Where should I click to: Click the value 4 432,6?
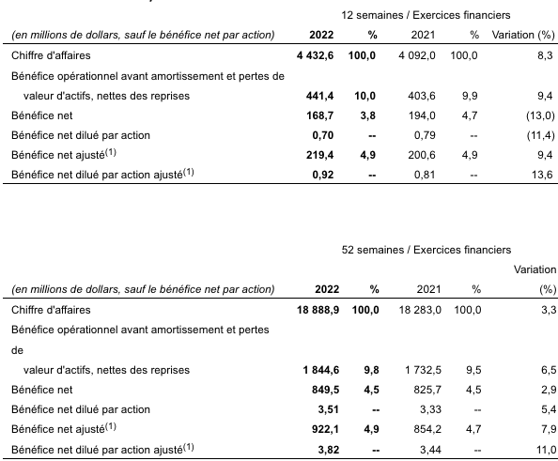(x=315, y=55)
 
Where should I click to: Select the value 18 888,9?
(x=318, y=310)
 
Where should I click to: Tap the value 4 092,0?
(x=417, y=55)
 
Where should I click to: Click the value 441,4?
(x=319, y=96)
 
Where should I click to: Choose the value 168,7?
(x=320, y=115)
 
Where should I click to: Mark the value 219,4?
(x=319, y=155)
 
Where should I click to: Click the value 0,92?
(x=323, y=175)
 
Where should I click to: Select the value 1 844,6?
(x=321, y=370)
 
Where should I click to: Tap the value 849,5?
(x=325, y=390)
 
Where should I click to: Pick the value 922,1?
(x=325, y=429)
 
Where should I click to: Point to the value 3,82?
(x=329, y=450)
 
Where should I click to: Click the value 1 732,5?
(x=423, y=370)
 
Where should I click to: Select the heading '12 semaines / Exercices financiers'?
(x=426, y=15)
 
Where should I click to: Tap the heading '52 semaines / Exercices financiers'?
(x=426, y=250)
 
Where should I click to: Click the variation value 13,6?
(x=545, y=175)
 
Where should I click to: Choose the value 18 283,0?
(x=420, y=310)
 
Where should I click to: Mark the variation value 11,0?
(x=547, y=450)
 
